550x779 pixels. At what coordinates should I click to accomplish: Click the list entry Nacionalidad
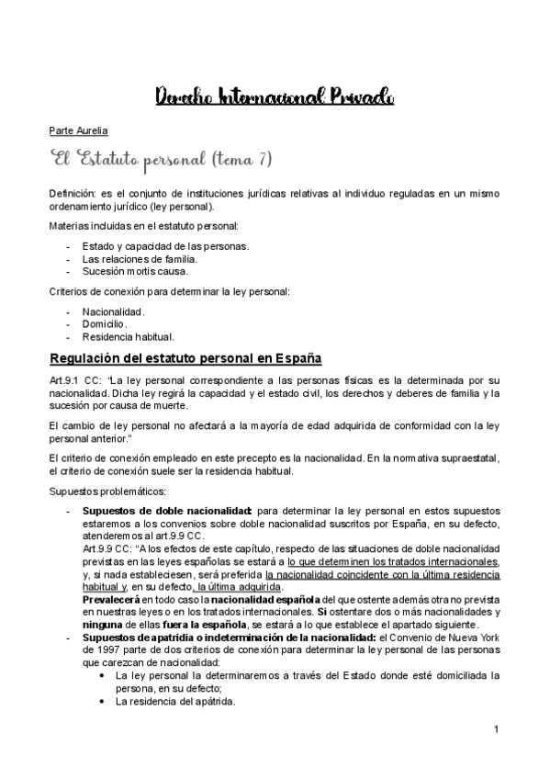[x=114, y=311]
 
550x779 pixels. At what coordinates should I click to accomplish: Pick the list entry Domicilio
[x=106, y=324]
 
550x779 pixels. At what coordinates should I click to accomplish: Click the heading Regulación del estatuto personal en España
[x=185, y=357]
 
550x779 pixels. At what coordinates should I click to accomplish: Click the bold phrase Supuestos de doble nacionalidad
[x=167, y=509]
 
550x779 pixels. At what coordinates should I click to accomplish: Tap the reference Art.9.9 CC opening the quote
[x=110, y=548]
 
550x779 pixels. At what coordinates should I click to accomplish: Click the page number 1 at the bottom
[x=496, y=729]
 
